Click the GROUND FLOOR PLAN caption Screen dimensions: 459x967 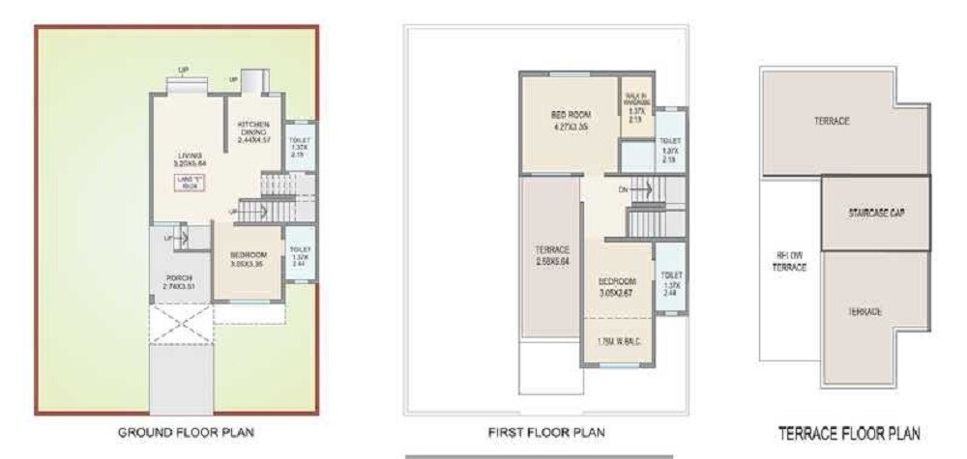click(x=187, y=432)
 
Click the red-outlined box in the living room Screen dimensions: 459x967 click(x=190, y=184)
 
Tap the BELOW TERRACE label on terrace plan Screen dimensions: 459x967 click(x=790, y=261)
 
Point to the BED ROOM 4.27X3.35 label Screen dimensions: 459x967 click(x=571, y=120)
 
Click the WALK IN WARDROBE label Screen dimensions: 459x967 click(x=635, y=105)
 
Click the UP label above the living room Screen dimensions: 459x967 click(x=183, y=69)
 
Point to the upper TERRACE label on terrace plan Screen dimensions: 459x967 click(x=831, y=122)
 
